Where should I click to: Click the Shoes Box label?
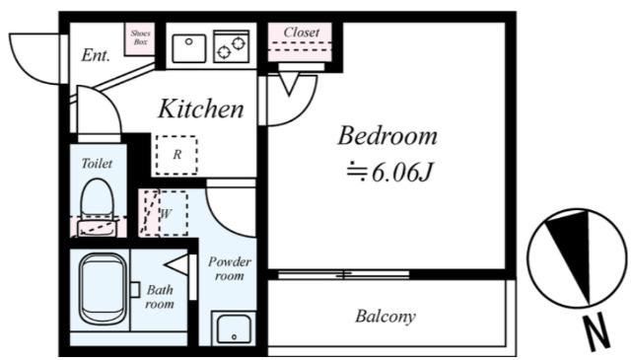[140, 37]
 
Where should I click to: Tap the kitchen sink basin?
[189, 48]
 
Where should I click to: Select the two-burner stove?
[232, 46]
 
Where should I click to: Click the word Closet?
[302, 33]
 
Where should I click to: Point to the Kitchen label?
[201, 108]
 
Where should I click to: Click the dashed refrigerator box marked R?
[176, 155]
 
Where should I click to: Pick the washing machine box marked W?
[174, 213]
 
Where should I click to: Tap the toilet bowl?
[97, 199]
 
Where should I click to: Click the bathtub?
[103, 288]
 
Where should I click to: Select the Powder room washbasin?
[234, 328]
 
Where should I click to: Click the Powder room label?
[230, 268]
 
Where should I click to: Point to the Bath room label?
[160, 296]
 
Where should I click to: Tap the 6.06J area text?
[389, 173]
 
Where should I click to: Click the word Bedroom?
[387, 136]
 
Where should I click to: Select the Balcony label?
[386, 316]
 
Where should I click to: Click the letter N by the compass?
[597, 332]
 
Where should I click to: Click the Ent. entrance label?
[96, 55]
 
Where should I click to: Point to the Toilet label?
[97, 163]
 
